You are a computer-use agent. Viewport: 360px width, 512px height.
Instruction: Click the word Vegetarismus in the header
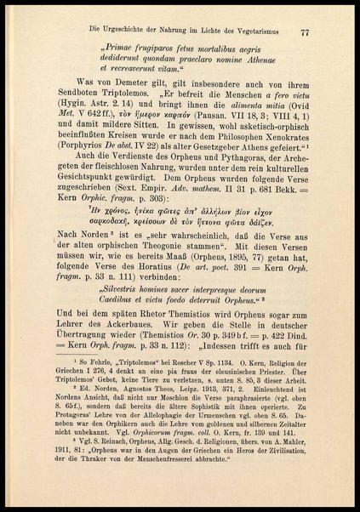point(260,32)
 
